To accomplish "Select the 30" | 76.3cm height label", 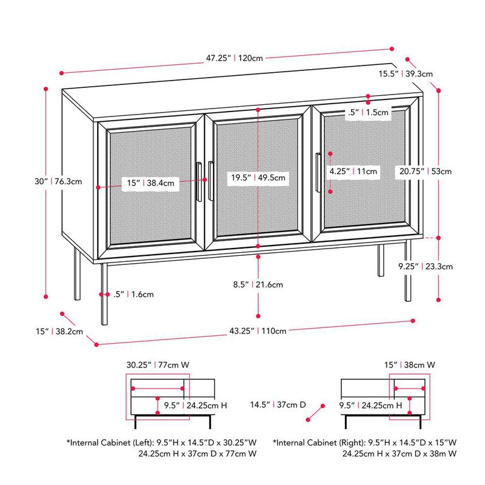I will [x=58, y=181].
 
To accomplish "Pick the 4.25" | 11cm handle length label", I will [x=353, y=172].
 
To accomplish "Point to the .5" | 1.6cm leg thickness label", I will [x=133, y=294].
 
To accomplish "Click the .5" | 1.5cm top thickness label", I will [x=368, y=112].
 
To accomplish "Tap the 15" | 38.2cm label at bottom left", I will [x=58, y=332].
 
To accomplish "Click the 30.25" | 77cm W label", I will [x=158, y=365].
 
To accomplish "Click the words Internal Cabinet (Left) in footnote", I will [x=109, y=443].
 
